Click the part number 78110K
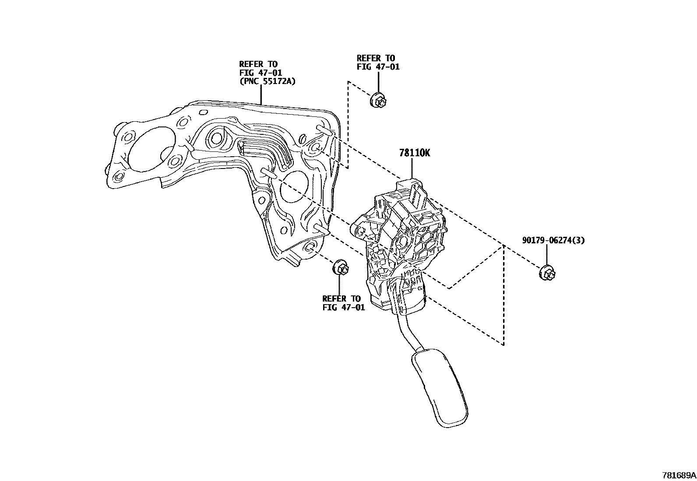click(414, 153)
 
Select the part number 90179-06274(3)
click(553, 240)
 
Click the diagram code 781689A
click(679, 475)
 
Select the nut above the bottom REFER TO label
click(341, 268)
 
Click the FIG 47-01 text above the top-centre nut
click(378, 67)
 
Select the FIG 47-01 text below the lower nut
click(343, 307)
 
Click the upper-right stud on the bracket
click(324, 129)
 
